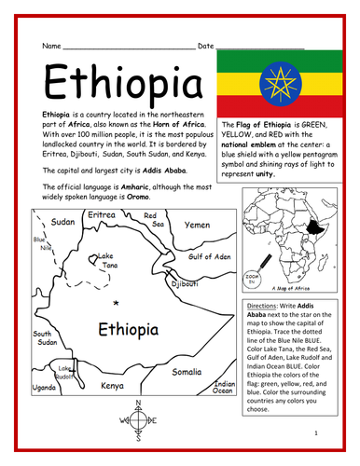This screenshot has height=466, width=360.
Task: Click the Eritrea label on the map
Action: (101, 215)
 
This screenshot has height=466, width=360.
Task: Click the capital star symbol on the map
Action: (115, 304)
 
